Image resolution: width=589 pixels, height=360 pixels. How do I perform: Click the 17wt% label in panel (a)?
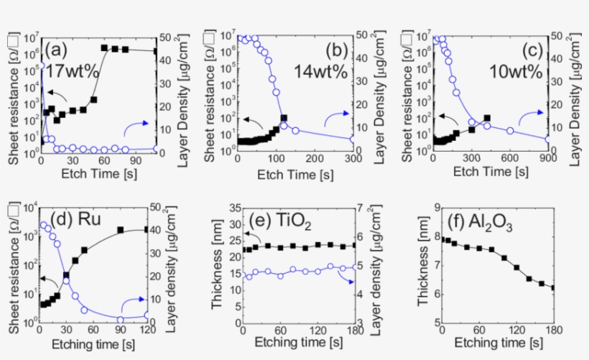pyautogui.click(x=70, y=73)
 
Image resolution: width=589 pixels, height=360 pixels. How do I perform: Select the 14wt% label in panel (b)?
pyautogui.click(x=316, y=73)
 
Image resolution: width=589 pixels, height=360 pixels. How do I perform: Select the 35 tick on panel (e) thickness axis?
pyautogui.click(x=229, y=208)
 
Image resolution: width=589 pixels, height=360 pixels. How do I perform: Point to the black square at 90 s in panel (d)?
pyautogui.click(x=121, y=230)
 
